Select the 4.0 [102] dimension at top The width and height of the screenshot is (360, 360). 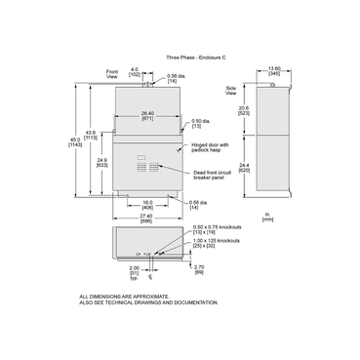[135, 71]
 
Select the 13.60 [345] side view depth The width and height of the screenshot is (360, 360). [276, 71]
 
